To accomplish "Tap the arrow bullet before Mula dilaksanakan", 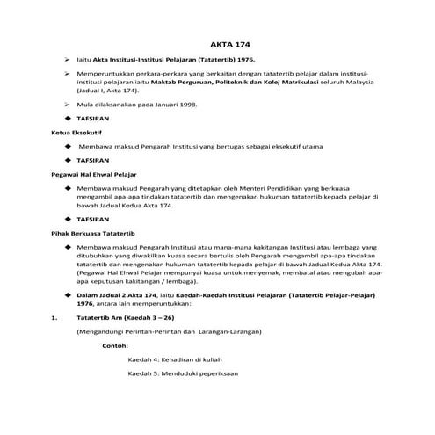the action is (67, 104).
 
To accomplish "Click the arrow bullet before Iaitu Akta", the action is (67, 57).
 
